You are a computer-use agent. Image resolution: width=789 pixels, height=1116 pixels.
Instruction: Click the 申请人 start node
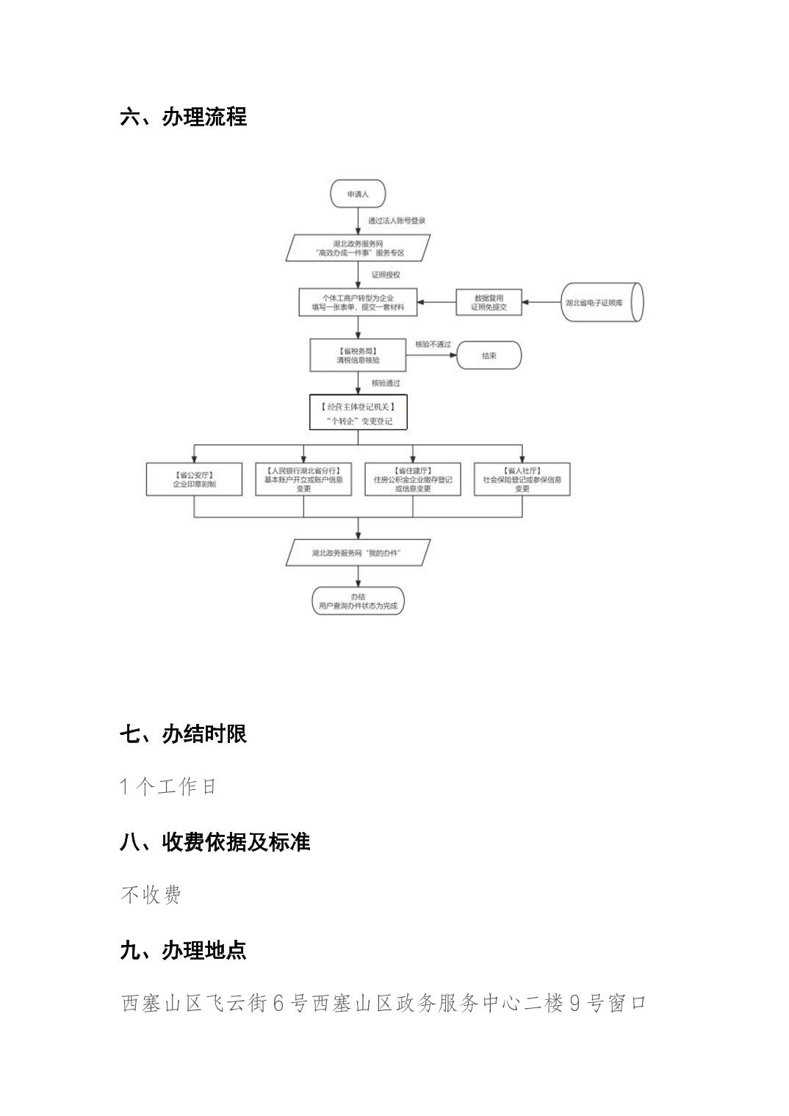point(357,195)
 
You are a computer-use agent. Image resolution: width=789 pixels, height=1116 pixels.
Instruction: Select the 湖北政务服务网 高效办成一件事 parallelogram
point(358,248)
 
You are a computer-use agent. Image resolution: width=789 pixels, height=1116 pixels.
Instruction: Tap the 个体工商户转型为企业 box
point(358,302)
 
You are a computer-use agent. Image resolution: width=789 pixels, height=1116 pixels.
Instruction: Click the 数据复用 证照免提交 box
point(489,302)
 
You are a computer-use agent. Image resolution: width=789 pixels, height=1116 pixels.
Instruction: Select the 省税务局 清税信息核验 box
point(358,355)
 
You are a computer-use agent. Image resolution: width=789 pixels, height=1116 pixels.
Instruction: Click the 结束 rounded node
point(489,356)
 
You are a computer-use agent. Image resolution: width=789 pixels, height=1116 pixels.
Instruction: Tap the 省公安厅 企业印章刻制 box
point(194,479)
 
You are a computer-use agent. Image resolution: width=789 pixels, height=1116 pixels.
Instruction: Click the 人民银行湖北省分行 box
point(303,479)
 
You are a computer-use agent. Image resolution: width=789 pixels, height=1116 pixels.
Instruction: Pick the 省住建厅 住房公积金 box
point(413,479)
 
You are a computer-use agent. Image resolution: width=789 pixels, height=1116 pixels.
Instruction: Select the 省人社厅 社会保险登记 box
point(522,479)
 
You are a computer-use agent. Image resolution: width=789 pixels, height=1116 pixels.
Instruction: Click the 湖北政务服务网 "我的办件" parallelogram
point(358,553)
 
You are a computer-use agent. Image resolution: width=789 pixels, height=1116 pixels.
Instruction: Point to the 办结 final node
point(358,601)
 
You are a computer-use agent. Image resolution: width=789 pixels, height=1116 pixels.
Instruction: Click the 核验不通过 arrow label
point(433,344)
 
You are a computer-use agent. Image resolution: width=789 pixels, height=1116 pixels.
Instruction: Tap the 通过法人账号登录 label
point(397,220)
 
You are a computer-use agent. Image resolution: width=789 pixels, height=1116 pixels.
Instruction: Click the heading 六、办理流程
point(183,117)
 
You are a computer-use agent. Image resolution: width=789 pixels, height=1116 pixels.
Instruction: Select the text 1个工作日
point(168,787)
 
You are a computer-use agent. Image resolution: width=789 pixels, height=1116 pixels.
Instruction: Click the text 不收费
point(151,895)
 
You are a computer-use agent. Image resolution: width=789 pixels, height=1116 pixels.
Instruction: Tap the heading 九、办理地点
point(183,951)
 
